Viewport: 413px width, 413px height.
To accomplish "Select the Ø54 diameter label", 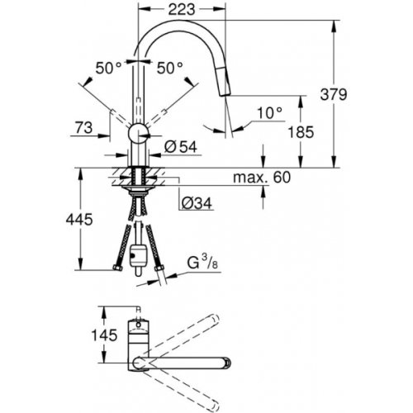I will point(180,147).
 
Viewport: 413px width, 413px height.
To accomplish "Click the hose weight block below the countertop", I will point(137,251).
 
